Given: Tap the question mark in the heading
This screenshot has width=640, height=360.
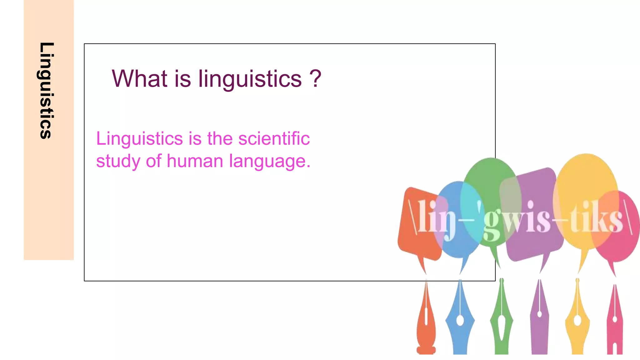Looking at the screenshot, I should click(x=315, y=78).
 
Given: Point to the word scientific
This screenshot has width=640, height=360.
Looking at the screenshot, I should click(x=274, y=138).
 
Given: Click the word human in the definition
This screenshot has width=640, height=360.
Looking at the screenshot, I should click(x=195, y=161).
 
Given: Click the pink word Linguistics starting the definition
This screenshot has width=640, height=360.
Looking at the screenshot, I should click(x=139, y=139).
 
